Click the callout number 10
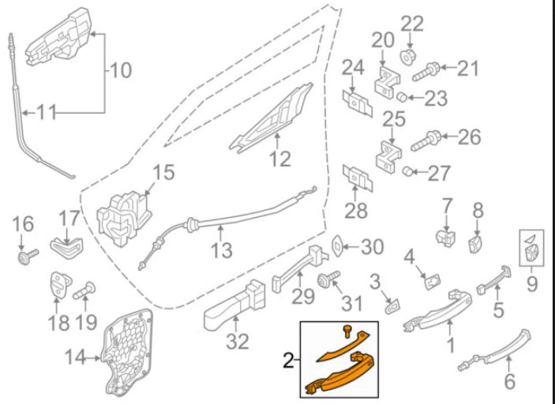[120, 71]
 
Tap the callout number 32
[238, 341]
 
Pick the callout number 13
[222, 251]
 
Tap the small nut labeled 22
[410, 55]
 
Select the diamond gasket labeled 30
[337, 247]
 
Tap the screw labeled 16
[28, 256]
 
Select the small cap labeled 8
[478, 242]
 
